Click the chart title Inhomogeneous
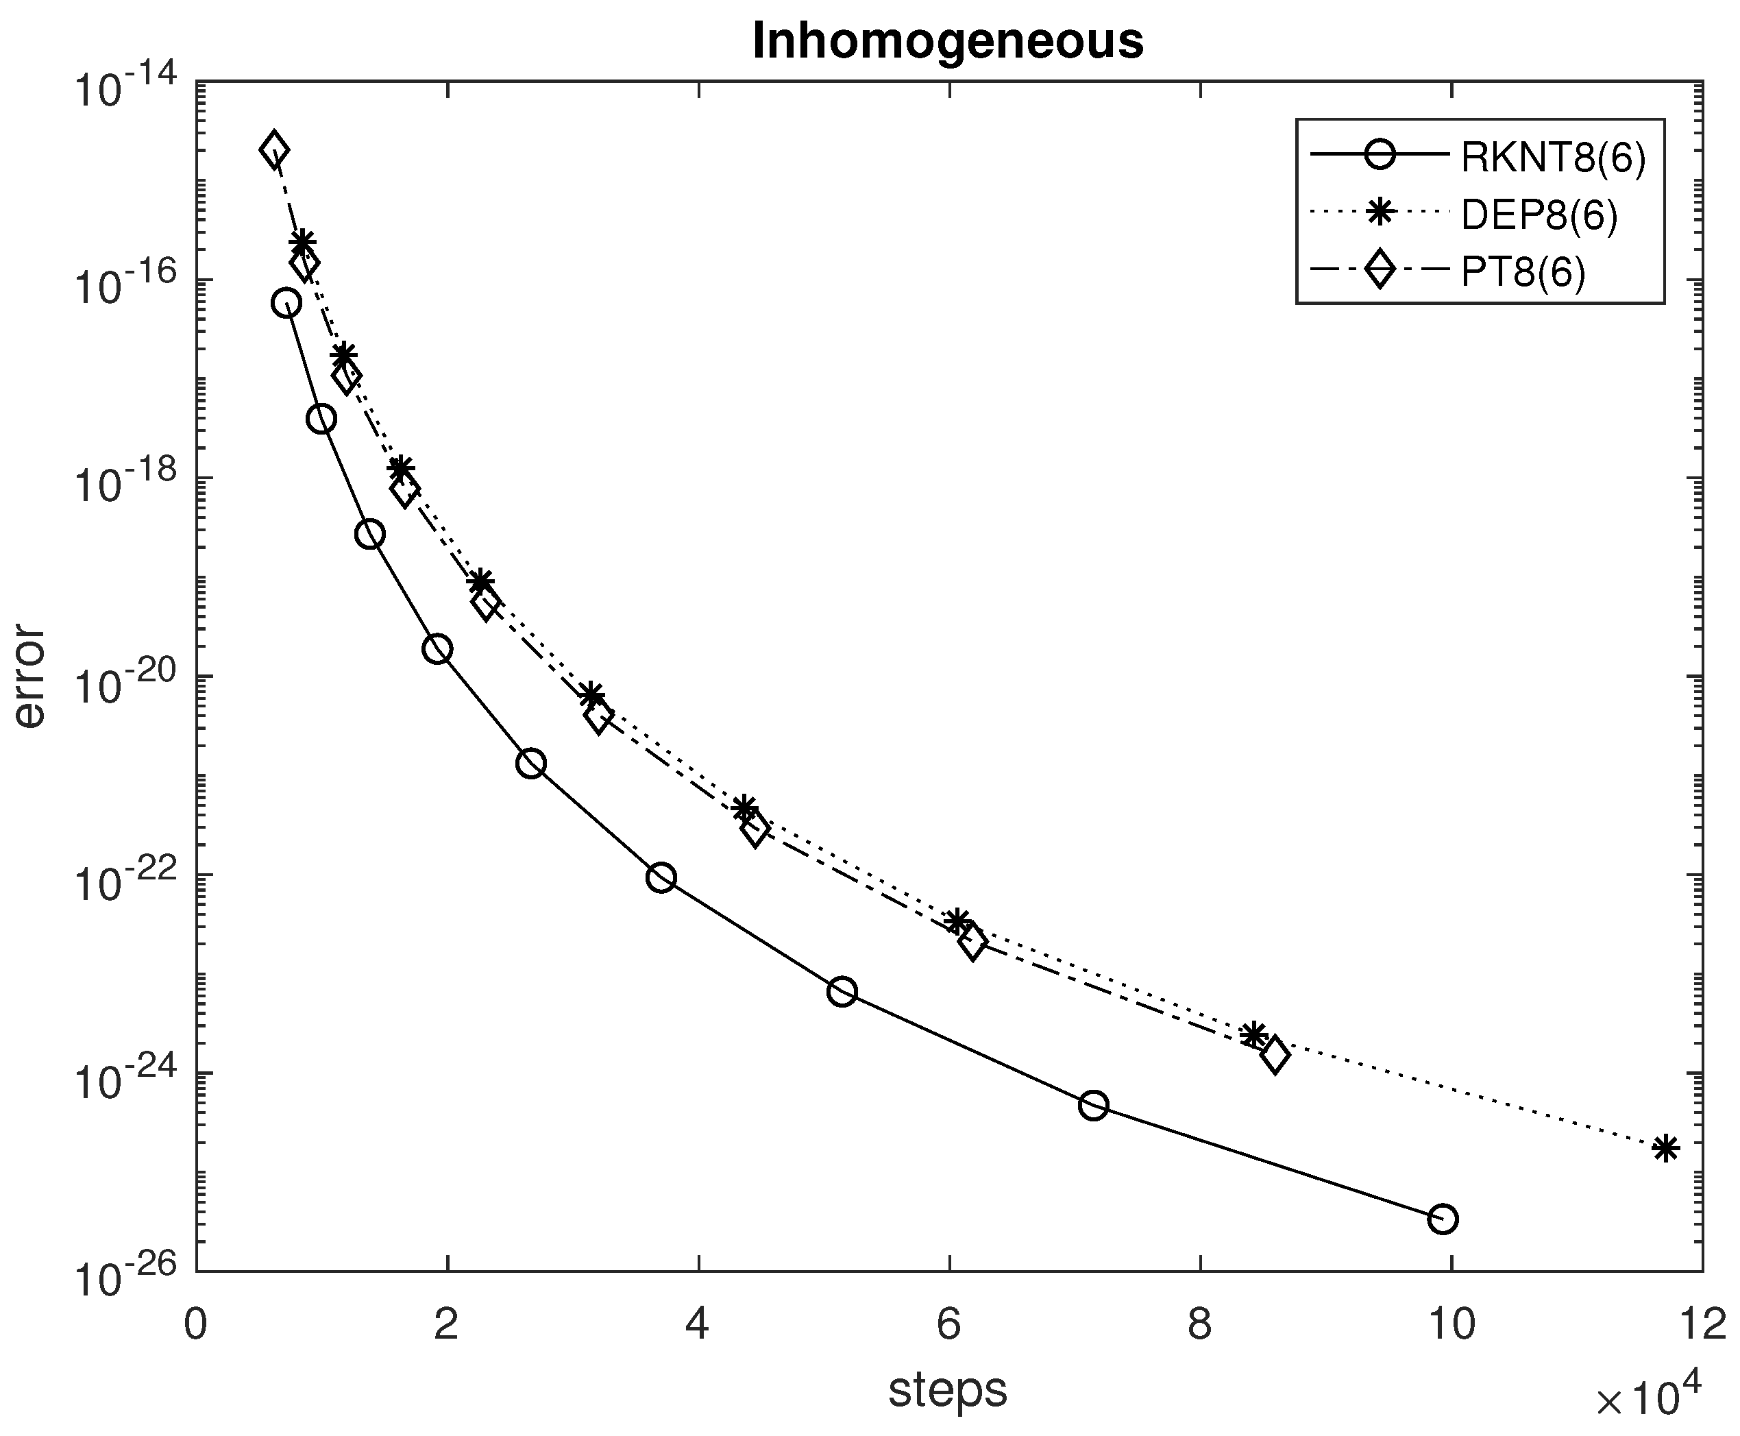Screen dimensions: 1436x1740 pos(948,41)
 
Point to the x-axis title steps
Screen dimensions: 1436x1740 pos(948,1389)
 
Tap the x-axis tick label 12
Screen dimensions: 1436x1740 pos(1700,1325)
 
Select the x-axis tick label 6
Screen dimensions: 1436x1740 pos(948,1325)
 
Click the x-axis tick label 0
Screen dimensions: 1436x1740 pos(196,1325)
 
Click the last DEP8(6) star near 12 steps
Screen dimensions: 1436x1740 pos(1665,1148)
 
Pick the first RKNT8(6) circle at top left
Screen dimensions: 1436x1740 pos(286,304)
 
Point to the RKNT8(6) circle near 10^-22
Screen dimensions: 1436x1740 pos(661,877)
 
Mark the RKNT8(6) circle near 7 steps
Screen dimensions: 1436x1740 pos(1093,1105)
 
